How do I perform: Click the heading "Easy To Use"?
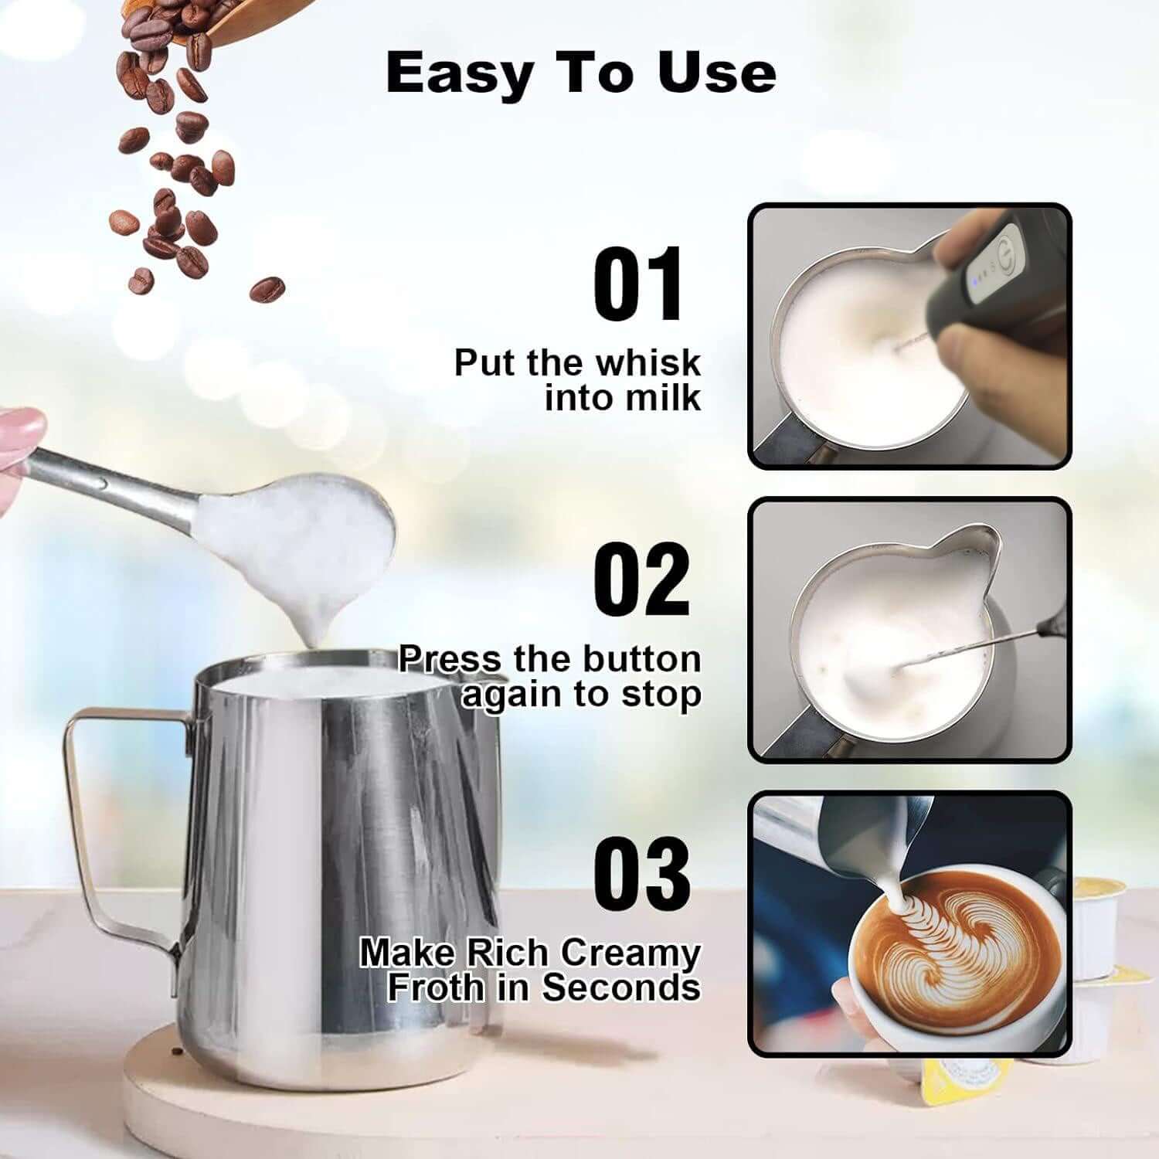tap(580, 73)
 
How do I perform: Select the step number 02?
tap(641, 579)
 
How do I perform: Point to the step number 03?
tap(641, 873)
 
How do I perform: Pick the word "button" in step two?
tap(641, 659)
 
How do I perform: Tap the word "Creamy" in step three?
tap(630, 953)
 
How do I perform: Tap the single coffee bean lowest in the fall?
tap(267, 291)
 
